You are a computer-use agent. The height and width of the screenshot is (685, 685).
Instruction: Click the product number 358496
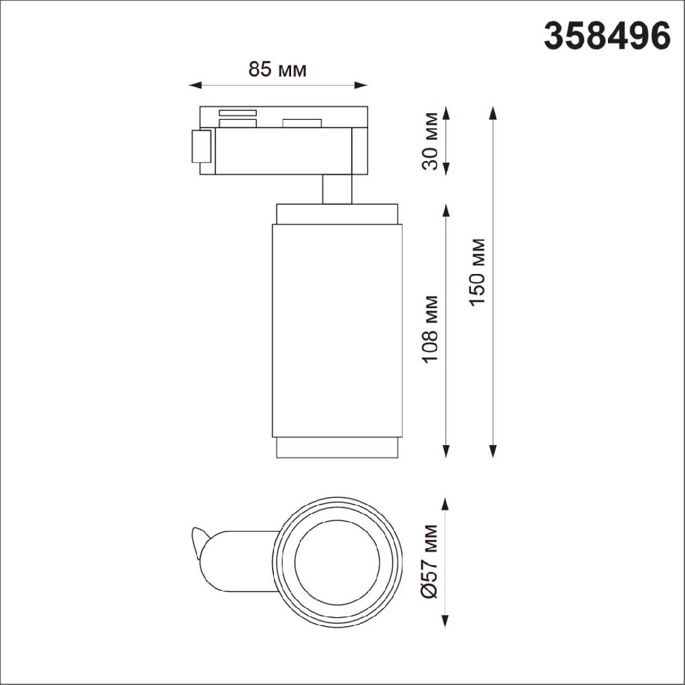pos(607,37)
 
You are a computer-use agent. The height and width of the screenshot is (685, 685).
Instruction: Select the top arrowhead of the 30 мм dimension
pos(446,112)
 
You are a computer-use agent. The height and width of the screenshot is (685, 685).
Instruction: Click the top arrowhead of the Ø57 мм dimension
pos(446,503)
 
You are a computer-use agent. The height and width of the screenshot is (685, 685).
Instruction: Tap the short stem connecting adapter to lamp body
pos(337,189)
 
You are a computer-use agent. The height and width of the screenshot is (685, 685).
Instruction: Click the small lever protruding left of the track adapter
pos(200,147)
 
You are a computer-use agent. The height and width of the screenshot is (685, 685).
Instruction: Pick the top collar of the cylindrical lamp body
pos(337,213)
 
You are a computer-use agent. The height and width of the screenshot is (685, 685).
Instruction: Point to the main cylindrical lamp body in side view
pos(337,331)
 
